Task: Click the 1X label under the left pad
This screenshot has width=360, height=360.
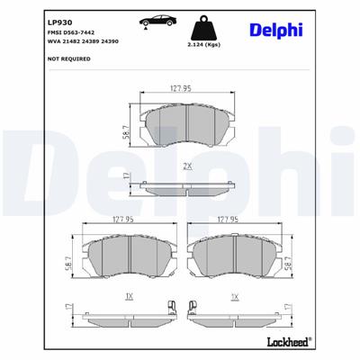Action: coord(129,296)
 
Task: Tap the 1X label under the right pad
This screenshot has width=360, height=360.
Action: coord(236,296)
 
